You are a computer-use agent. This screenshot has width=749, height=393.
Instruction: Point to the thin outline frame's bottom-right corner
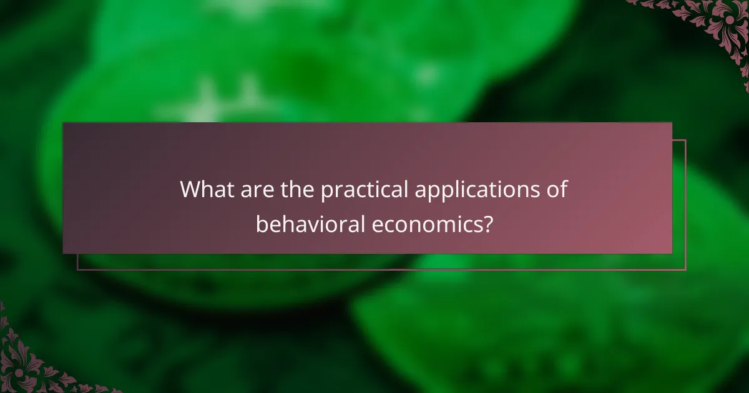pos(685,269)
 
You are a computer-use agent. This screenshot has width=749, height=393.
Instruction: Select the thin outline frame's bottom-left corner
pos(77,269)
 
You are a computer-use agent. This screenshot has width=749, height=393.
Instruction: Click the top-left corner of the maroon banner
pos(64,124)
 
